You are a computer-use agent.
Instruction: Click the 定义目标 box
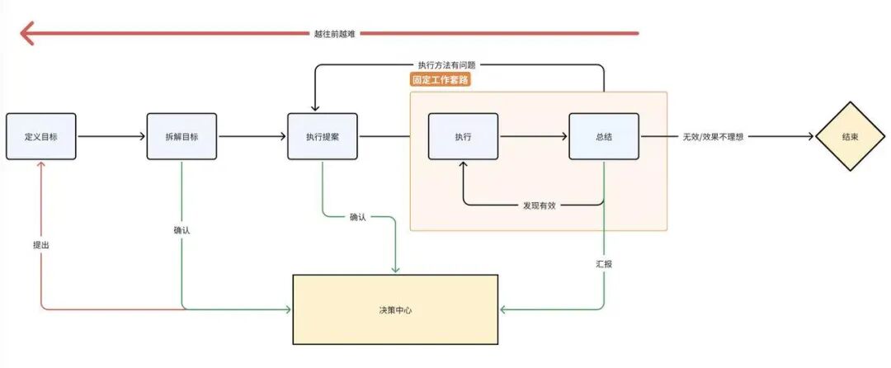pyautogui.click(x=41, y=136)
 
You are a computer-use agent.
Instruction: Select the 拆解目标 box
pyautogui.click(x=181, y=136)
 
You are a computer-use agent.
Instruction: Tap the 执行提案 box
pyautogui.click(x=323, y=136)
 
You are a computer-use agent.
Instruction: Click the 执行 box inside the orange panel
pyautogui.click(x=463, y=136)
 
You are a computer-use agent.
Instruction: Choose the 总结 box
pyautogui.click(x=603, y=136)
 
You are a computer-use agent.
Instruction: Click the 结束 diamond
pyautogui.click(x=850, y=136)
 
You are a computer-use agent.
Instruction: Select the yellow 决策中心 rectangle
pyautogui.click(x=395, y=309)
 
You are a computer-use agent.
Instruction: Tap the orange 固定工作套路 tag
pyautogui.click(x=441, y=79)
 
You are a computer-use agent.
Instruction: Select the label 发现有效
pyautogui.click(x=540, y=205)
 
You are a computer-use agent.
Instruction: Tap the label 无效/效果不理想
pyautogui.click(x=713, y=137)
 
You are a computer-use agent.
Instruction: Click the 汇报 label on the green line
pyautogui.click(x=604, y=264)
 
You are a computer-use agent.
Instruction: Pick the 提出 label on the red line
pyautogui.click(x=41, y=245)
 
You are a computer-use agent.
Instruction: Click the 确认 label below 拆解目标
pyautogui.click(x=181, y=230)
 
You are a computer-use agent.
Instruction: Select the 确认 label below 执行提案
pyautogui.click(x=358, y=217)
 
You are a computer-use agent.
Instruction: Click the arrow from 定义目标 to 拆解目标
pyautogui.click(x=111, y=136)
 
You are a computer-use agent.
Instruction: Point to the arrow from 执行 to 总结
pyautogui.click(x=534, y=136)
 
